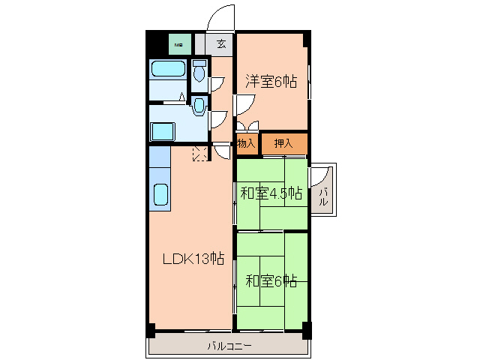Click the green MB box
[179, 44]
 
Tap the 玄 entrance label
[221, 44]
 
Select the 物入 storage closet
[247, 143]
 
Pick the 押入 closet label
[283, 143]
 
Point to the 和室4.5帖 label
[271, 193]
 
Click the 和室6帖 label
[271, 281]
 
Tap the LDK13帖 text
[194, 259]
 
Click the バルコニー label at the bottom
[229, 346]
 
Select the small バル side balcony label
[324, 197]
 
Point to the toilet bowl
[199, 73]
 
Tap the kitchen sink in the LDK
[162, 195]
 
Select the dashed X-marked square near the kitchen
[201, 153]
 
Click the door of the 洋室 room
[244, 105]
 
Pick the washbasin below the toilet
[199, 106]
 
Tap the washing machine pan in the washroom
[163, 131]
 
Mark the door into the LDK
[222, 150]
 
